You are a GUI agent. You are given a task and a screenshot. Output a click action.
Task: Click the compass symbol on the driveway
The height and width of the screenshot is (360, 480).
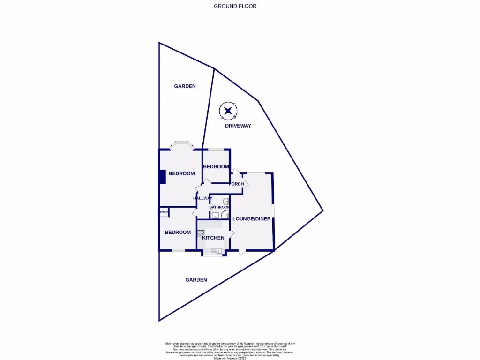click(x=228, y=111)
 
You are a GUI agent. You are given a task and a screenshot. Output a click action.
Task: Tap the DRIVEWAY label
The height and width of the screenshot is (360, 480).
click(x=238, y=126)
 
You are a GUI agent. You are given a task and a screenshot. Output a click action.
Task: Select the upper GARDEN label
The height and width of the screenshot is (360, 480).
click(x=185, y=86)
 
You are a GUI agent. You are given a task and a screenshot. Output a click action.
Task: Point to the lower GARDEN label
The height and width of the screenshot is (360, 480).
click(x=196, y=280)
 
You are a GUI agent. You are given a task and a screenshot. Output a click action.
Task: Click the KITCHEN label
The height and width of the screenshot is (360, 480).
click(x=213, y=238)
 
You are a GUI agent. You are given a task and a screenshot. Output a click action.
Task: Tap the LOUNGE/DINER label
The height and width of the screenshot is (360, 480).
click(x=252, y=219)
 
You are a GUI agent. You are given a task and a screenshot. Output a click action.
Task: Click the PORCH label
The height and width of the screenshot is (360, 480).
click(x=237, y=184)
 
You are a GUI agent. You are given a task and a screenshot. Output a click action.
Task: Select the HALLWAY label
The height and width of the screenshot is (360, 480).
click(x=203, y=198)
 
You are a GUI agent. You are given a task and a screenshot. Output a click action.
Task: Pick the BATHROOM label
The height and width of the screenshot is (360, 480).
click(x=219, y=207)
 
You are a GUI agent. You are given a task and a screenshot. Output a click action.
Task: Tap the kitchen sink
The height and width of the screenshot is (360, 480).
click(x=216, y=251)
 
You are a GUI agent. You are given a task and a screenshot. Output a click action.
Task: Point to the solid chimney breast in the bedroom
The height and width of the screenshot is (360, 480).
click(x=162, y=176)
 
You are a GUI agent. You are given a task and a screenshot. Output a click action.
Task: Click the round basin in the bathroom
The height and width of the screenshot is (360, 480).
click(x=225, y=201)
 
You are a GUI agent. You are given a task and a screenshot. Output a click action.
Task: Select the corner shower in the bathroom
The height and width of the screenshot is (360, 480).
click(x=225, y=215)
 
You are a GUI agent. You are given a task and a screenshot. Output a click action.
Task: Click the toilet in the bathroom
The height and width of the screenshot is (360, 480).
click(x=214, y=216)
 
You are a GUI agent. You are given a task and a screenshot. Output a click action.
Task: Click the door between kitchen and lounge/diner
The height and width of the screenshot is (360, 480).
click(x=231, y=234)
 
